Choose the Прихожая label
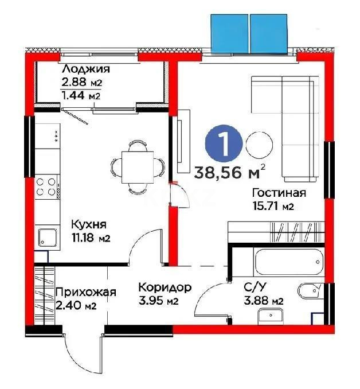[x=85, y=292]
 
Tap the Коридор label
[x=165, y=287]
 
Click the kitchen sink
[x=47, y=236]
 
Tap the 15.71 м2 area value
[x=273, y=207]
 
